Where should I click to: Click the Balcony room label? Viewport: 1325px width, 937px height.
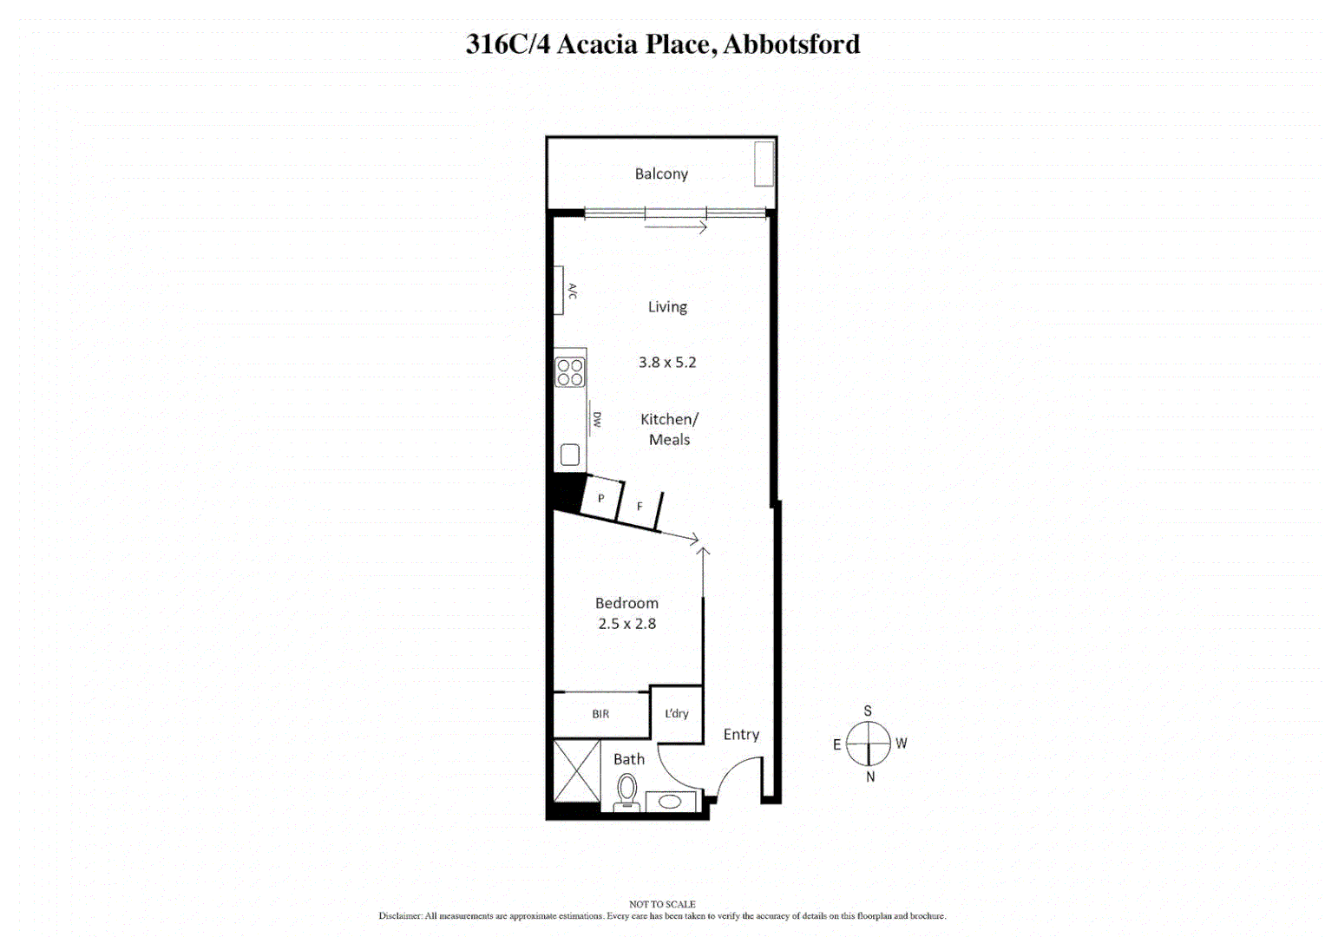coord(661,174)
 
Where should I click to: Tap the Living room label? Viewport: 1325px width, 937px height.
coord(667,307)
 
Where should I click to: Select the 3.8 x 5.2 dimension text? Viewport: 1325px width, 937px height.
coord(667,363)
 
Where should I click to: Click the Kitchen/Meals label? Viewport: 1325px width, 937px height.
coord(669,429)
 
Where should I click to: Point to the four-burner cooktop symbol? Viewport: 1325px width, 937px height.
coord(570,372)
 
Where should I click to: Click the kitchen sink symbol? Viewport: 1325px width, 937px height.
coord(570,454)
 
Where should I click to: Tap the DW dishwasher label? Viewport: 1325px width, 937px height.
coord(596,419)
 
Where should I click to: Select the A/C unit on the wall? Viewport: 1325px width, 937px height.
coord(560,291)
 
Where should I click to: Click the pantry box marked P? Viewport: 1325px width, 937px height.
coord(601,498)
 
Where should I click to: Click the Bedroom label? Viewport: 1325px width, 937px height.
coord(626,603)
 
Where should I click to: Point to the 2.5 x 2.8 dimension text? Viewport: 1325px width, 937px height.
coord(626,624)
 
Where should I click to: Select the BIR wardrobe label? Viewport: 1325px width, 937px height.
coord(600,714)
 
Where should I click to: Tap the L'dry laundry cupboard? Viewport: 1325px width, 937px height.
coord(676,714)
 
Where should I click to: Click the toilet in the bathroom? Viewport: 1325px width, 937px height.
coord(626,791)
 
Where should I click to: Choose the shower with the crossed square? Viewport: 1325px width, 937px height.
coord(577,771)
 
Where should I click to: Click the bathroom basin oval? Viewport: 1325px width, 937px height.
coord(671,802)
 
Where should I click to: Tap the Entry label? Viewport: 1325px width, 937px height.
coord(741,735)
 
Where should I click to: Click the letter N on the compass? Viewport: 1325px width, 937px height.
coord(870,777)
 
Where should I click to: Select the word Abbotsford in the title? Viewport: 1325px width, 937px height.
coord(791,44)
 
